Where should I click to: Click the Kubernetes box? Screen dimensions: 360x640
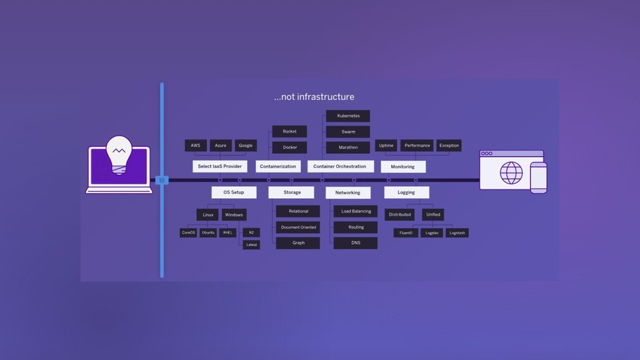pos(348,116)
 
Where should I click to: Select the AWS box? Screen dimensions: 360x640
pos(196,146)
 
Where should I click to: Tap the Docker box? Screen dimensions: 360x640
pos(289,147)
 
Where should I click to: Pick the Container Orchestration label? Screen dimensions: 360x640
pos(340,167)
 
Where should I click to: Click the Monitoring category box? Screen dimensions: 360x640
pos(402,167)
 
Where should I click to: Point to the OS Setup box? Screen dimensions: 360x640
pos(234,192)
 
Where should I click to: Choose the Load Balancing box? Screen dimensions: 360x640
pos(356,211)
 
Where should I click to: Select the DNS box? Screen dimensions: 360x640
pos(356,242)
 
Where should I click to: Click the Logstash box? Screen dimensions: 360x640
pos(457,233)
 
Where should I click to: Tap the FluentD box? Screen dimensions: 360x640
pos(405,233)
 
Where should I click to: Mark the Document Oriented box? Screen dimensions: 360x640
pos(298,227)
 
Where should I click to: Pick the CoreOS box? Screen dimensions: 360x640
pos(188,232)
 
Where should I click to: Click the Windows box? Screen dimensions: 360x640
pos(234,215)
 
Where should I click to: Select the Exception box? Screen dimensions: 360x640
pos(449,146)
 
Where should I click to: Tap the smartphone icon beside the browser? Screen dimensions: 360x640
pos(538,177)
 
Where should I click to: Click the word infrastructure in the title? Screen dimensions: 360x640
pos(326,97)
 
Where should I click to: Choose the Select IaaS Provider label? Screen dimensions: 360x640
pos(220,167)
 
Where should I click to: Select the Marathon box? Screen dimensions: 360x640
pos(348,147)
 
